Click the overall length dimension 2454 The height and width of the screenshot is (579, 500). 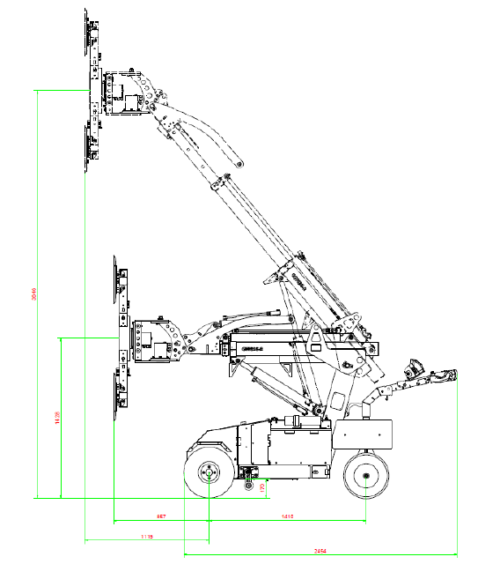[320, 551]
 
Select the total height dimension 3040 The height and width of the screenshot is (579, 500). [33, 294]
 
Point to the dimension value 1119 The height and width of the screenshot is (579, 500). [146, 536]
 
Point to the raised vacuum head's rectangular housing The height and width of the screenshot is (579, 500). [122, 93]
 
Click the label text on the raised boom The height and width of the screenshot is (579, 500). [297, 281]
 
